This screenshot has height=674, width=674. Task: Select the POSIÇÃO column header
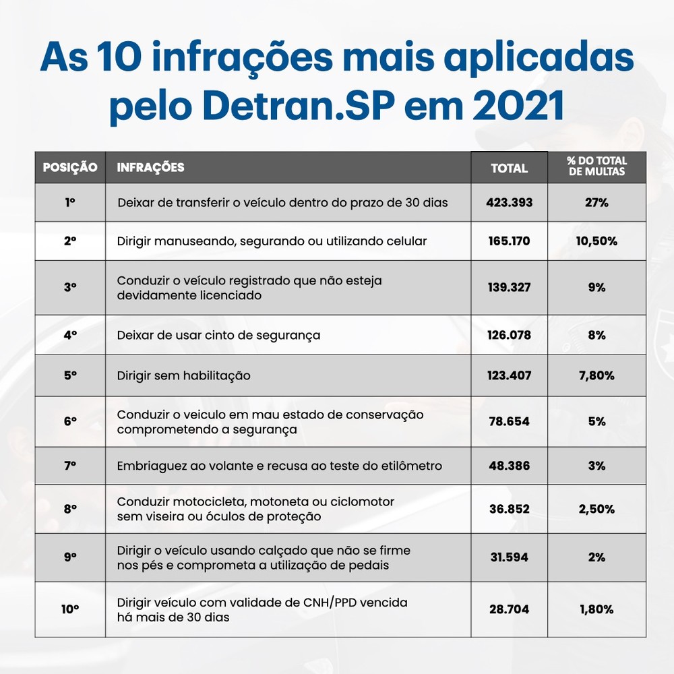coord(70,168)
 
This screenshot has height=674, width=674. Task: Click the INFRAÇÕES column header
coord(151,168)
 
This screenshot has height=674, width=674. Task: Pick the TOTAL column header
coord(509,168)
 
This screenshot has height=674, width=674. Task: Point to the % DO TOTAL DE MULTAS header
coord(596,166)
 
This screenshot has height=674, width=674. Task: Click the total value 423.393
coord(509,202)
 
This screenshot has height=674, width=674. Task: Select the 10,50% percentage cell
coord(596,241)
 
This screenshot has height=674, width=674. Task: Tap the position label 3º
coord(70,287)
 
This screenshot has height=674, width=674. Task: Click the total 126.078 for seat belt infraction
coord(509,334)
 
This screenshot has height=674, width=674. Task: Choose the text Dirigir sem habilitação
coord(183,375)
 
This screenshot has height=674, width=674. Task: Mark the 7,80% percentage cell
coord(596,375)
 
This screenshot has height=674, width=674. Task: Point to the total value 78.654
coord(509,421)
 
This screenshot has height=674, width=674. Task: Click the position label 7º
coord(70,466)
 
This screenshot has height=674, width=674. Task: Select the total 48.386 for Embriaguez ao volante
coord(509,466)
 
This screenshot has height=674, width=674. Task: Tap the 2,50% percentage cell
coord(596,510)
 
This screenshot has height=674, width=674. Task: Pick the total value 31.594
coord(509,557)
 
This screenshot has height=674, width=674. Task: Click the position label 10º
coord(70,609)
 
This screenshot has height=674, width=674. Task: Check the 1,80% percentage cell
coord(596,609)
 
